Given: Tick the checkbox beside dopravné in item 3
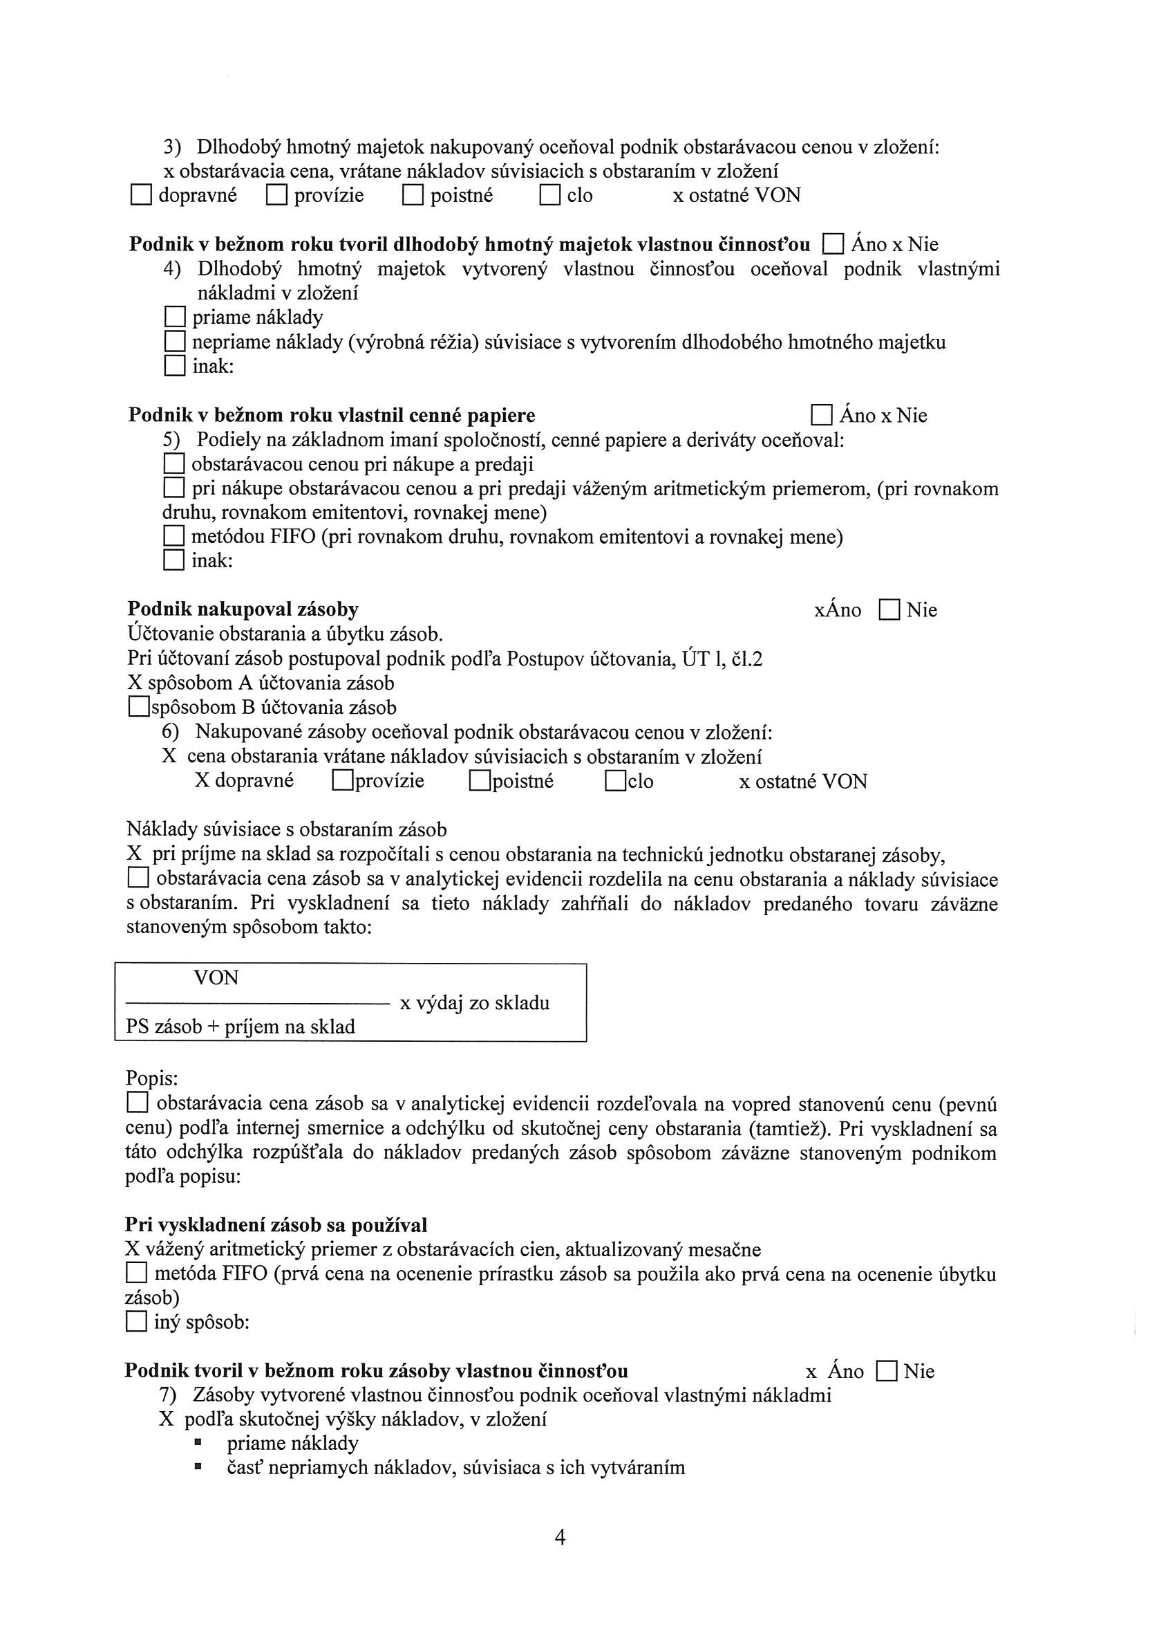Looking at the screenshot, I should point(141,196).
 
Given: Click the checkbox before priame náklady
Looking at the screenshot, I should point(174,318).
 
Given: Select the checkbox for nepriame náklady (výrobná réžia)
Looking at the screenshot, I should point(174,342).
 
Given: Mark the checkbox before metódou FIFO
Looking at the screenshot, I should point(173,537).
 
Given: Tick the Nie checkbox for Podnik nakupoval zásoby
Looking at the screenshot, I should point(889,610).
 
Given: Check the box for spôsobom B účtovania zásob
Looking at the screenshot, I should point(139,707).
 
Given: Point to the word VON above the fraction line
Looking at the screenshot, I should point(216,978).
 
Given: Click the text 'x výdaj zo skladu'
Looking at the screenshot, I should point(475,1003).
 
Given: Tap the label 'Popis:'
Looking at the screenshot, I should point(151,1078).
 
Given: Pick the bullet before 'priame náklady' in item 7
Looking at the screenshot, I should point(199,1444).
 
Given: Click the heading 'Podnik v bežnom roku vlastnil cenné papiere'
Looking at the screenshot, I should point(332,415).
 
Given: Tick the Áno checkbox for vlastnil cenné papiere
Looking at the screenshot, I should point(822,415).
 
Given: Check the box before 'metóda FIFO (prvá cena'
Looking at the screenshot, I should point(136,1274).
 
